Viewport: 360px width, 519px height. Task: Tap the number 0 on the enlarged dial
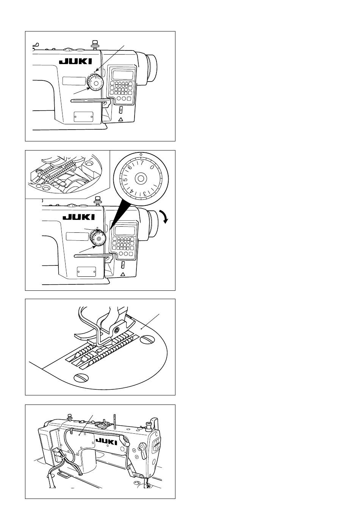pos(152,167)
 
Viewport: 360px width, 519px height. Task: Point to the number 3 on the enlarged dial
pos(145,194)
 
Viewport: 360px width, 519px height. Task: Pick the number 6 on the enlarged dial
pos(130,167)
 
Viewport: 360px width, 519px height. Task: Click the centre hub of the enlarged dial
pos(141,178)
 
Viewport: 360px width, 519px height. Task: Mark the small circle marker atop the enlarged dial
pos(141,154)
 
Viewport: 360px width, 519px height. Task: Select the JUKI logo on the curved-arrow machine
pos(78,217)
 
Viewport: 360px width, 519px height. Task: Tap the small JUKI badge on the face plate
pos(157,445)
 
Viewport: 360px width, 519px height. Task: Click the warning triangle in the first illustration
pos(121,119)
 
